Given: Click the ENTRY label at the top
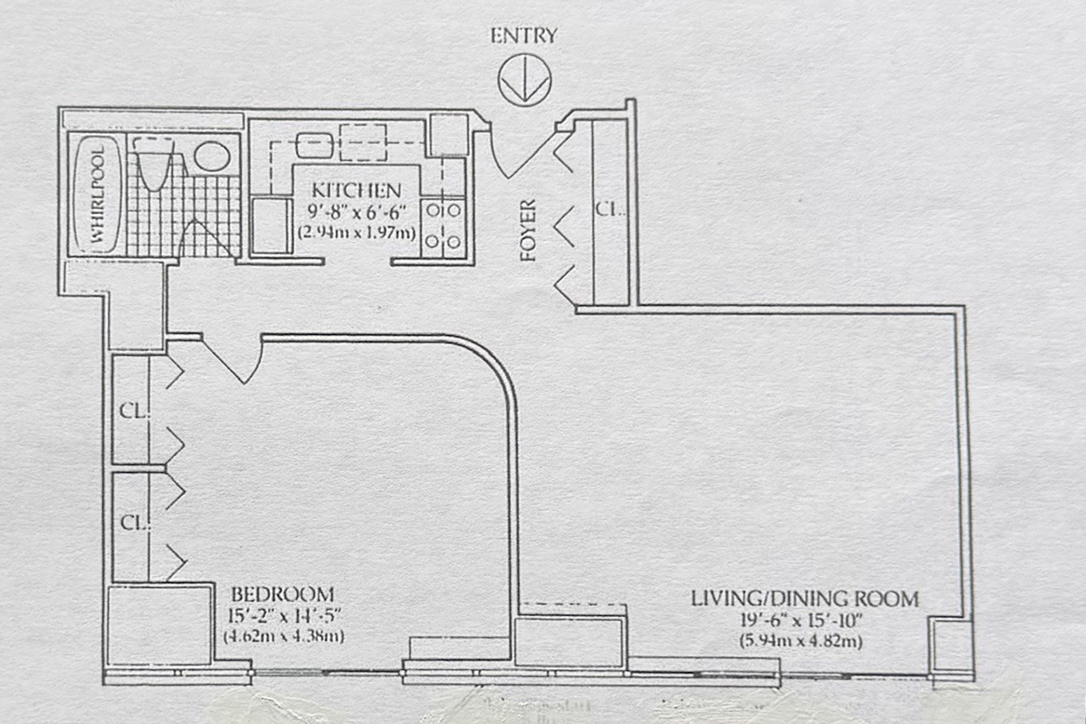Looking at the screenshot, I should (x=523, y=36).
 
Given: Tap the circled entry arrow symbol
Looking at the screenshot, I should (x=525, y=80).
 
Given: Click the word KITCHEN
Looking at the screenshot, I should (x=356, y=191).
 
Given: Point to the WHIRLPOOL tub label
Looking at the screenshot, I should (x=98, y=195).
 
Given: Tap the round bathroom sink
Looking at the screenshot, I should (x=212, y=156).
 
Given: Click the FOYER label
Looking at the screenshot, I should (x=529, y=230).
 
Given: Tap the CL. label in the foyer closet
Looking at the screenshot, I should (x=609, y=210).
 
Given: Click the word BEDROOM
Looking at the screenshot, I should (x=282, y=595).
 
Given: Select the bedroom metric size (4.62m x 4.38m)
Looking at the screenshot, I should (x=284, y=636).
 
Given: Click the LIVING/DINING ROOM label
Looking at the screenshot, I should (x=805, y=599).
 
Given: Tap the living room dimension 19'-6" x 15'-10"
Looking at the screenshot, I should (x=802, y=620).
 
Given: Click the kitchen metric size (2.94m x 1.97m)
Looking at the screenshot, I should (x=357, y=232).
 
